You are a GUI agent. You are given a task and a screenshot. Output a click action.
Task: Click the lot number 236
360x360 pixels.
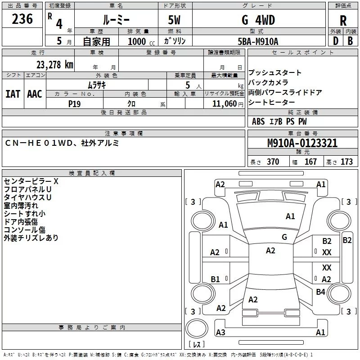coord(22,19)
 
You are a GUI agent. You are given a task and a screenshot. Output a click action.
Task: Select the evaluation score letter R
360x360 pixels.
coord(343,21)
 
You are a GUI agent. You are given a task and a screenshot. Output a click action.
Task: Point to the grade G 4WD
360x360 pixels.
coord(258,20)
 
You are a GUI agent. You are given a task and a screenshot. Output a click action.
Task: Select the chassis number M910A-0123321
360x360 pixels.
coord(302,143)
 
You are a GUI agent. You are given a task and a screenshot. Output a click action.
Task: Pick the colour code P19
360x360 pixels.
coord(74,103)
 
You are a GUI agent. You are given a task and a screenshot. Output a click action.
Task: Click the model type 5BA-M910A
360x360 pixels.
coord(258,41)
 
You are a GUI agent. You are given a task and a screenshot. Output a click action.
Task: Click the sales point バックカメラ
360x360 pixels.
coord(268,83)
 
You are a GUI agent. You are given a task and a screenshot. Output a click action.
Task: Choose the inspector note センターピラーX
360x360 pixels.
coord(31,181)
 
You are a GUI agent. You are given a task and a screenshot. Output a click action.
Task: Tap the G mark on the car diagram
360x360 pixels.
coord(284,237)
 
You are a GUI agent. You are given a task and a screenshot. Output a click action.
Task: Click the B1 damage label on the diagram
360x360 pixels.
coord(215,279)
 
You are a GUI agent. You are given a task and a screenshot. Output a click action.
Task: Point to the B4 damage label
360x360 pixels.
coord(320,292)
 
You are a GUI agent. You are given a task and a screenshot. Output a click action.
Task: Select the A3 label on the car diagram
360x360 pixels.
coord(220,333)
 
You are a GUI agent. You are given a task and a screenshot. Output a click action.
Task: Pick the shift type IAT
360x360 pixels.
coord(13,94)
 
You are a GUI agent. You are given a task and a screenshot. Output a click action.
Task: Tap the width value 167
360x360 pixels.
coord(310,162)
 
